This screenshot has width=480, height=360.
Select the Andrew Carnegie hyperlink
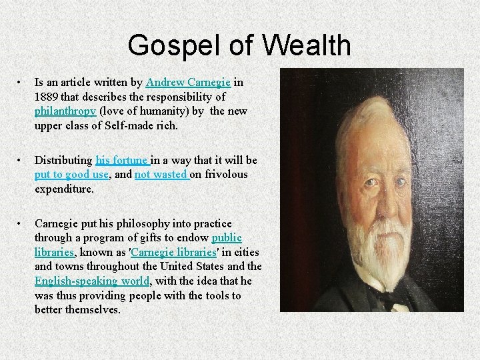tap(189, 83)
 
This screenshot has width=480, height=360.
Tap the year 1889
tap(46, 97)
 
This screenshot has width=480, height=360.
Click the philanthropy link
tap(65, 111)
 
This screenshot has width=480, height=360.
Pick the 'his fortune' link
tap(123, 160)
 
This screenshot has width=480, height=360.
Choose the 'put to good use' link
tap(71, 174)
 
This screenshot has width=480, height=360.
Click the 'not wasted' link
tap(162, 174)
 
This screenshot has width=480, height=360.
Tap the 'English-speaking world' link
tap(91, 281)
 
